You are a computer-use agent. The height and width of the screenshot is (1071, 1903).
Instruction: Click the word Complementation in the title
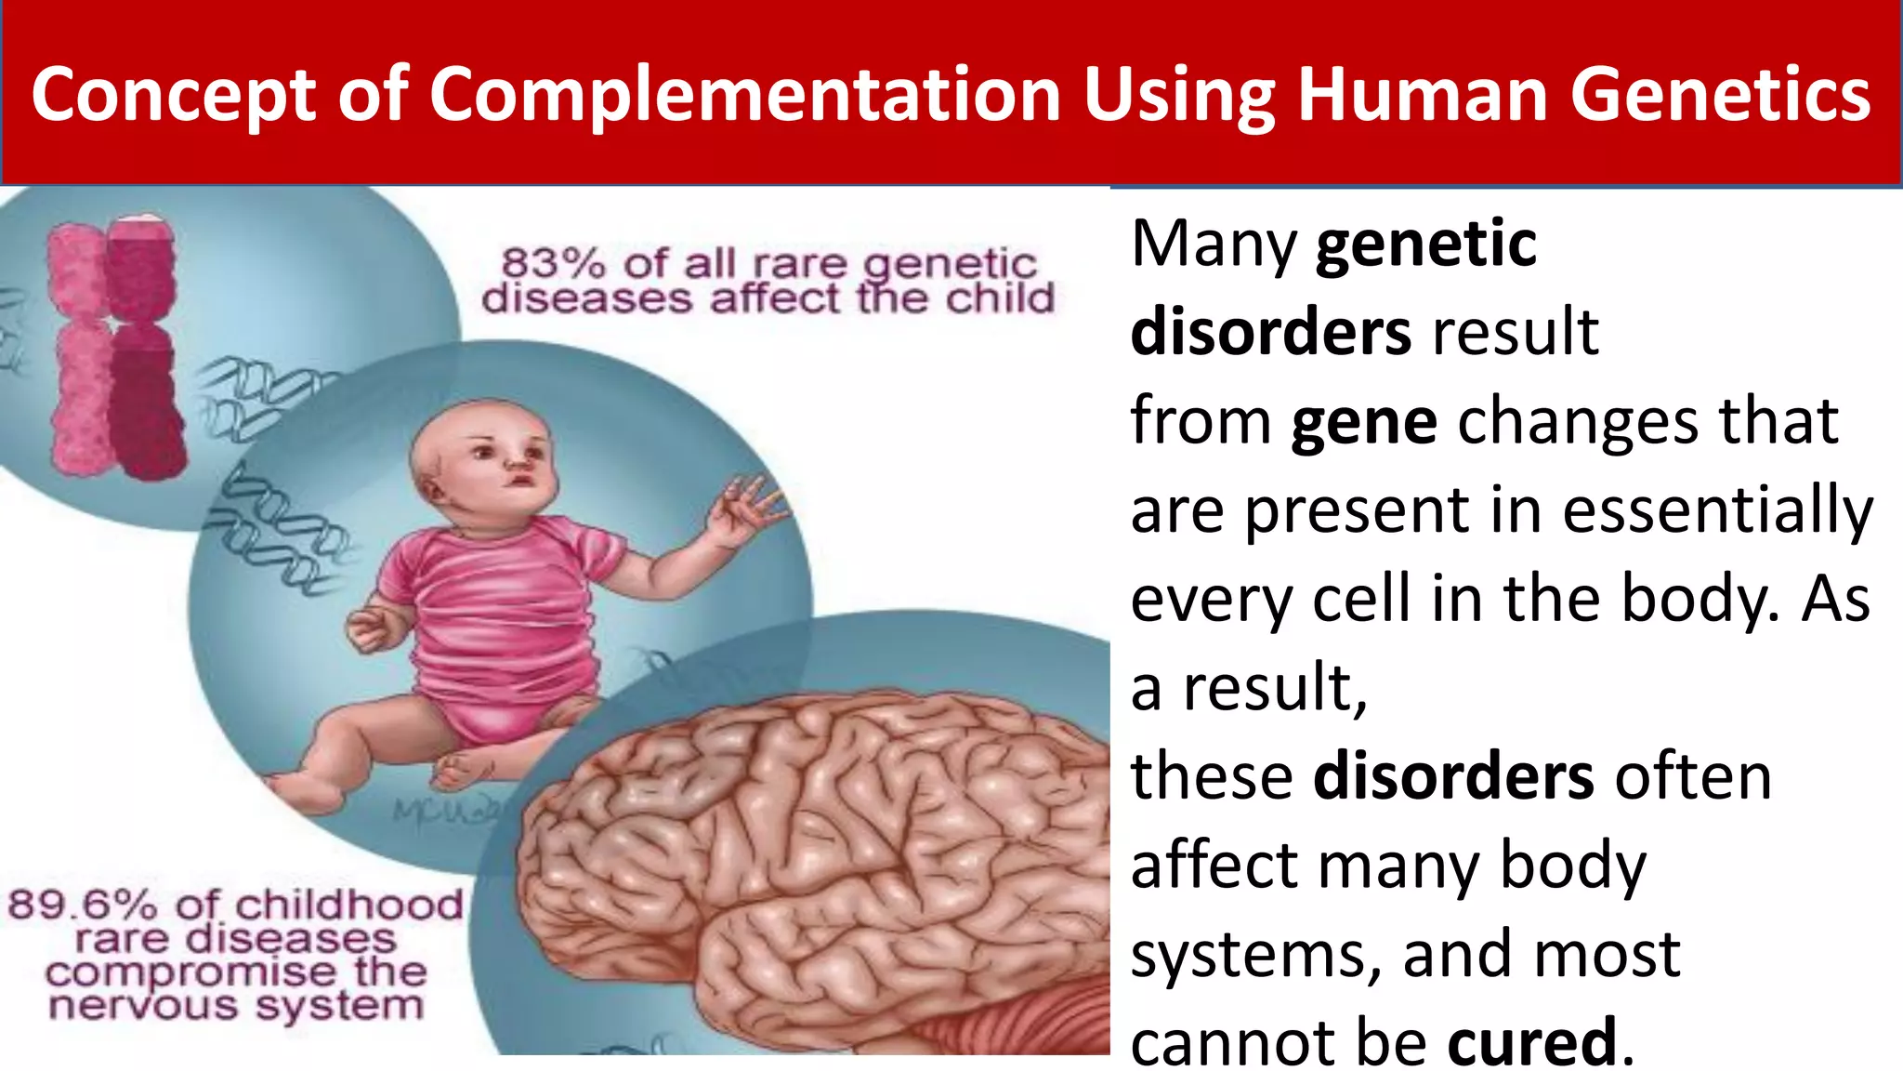tap(744, 95)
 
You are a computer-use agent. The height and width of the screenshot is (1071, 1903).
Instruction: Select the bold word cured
tap(1532, 1041)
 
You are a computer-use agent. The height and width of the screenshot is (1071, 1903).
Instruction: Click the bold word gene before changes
tap(1364, 422)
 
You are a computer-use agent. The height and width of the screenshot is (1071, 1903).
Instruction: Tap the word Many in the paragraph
tap(1214, 244)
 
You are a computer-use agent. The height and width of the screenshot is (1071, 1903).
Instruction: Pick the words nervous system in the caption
tap(236, 1006)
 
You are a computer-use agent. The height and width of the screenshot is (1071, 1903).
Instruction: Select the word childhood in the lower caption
tap(348, 905)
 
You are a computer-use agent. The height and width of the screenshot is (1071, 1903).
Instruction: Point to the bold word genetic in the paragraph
tap(1426, 244)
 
